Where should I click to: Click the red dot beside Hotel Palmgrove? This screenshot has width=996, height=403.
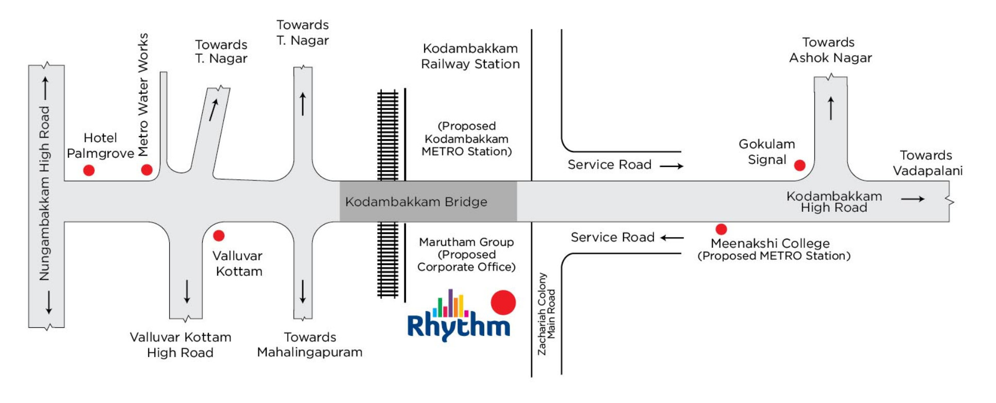point(89,170)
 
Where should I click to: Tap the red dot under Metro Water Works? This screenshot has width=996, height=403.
point(146,170)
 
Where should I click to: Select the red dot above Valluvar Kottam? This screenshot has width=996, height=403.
point(219,236)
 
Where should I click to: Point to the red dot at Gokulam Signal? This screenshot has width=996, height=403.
point(799,165)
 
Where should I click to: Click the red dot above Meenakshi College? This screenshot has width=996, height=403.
point(721,229)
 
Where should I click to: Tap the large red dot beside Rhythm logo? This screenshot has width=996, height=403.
point(503,303)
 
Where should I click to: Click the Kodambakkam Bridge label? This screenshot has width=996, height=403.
point(416,202)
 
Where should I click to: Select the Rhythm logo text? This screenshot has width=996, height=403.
point(459,325)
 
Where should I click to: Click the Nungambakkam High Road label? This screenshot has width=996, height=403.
point(45,193)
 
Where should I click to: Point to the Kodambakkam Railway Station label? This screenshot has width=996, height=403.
point(470,56)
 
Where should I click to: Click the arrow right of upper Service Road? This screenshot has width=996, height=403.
point(672,166)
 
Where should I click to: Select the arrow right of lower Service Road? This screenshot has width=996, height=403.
point(672,238)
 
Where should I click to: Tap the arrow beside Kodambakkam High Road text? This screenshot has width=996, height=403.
point(912,199)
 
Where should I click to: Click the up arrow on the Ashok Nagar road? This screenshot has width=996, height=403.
point(830,108)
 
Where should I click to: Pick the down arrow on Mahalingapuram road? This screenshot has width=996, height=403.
point(303,292)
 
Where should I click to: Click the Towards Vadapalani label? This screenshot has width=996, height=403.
point(927,163)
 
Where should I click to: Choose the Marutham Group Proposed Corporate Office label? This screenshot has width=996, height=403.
point(466,254)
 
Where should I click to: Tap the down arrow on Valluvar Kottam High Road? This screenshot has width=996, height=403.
point(187,292)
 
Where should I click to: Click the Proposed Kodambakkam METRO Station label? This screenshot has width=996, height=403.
point(466,139)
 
